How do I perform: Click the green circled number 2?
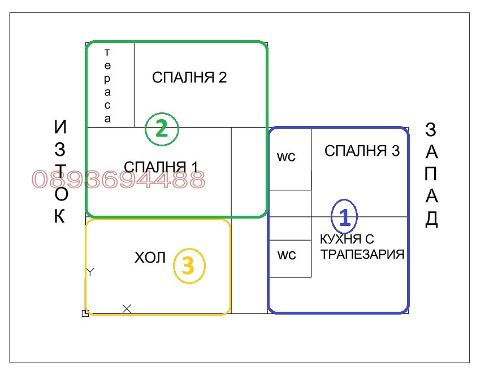[162, 129]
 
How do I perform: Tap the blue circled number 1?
[345, 216]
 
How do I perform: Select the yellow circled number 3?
[189, 266]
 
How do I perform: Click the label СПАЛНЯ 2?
[189, 77]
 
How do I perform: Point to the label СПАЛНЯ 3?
[362, 151]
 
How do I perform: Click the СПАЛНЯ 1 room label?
[161, 167]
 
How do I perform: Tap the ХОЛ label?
[150, 258]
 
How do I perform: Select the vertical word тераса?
[108, 85]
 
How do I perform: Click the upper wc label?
[286, 156]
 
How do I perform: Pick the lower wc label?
[286, 255]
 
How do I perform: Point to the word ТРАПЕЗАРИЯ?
[362, 254]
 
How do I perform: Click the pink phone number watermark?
[118, 180]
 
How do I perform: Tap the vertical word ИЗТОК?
[60, 172]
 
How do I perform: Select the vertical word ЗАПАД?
[431, 175]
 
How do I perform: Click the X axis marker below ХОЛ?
[127, 308]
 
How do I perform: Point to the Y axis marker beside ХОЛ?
[90, 272]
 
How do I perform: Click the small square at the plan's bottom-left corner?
[85, 313]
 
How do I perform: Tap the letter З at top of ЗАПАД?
[431, 130]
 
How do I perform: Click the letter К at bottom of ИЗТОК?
[60, 216]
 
